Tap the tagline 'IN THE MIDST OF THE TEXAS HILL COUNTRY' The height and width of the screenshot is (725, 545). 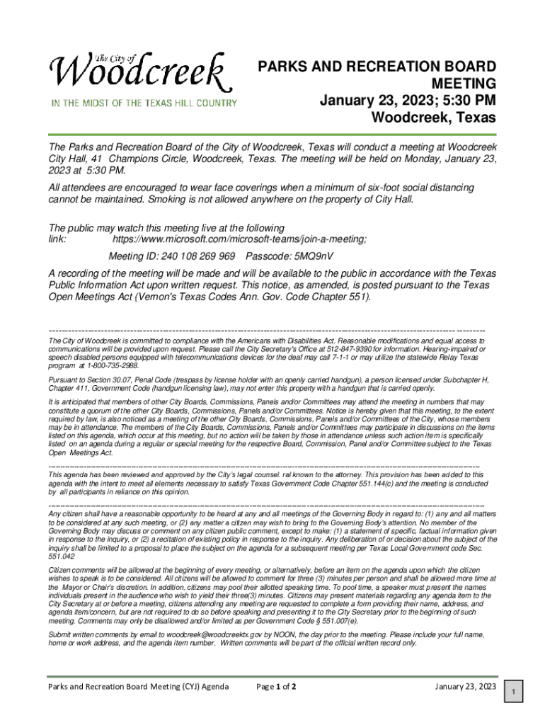point(143,103)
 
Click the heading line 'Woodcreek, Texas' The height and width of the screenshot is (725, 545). point(434,117)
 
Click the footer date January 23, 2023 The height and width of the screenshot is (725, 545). point(466,687)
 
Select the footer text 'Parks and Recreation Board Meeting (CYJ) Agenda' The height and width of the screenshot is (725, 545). point(138,687)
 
